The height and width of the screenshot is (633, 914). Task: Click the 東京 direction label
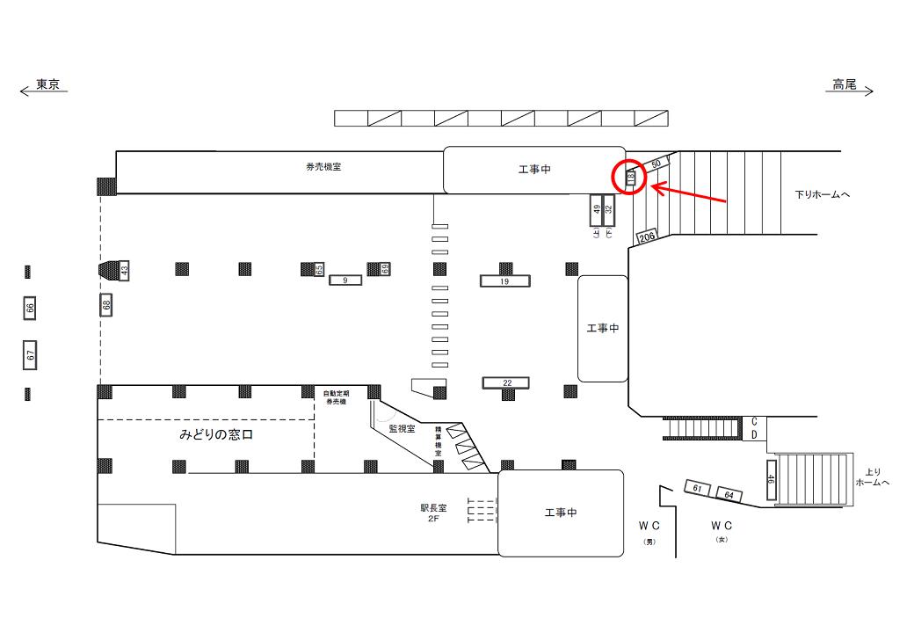[47, 85]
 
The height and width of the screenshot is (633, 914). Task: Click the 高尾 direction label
[845, 85]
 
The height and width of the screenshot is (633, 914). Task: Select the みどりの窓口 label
[216, 435]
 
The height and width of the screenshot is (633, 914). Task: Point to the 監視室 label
[402, 429]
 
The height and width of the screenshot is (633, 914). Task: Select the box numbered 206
[648, 236]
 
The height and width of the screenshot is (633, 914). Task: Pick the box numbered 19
[505, 281]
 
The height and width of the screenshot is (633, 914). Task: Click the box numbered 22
[506, 382]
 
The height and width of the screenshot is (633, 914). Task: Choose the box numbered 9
[346, 280]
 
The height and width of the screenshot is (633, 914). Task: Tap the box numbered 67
[30, 355]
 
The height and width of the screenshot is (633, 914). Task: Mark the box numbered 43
[125, 271]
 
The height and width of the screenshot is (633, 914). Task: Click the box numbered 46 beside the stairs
[771, 480]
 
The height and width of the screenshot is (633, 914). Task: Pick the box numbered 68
[106, 305]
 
